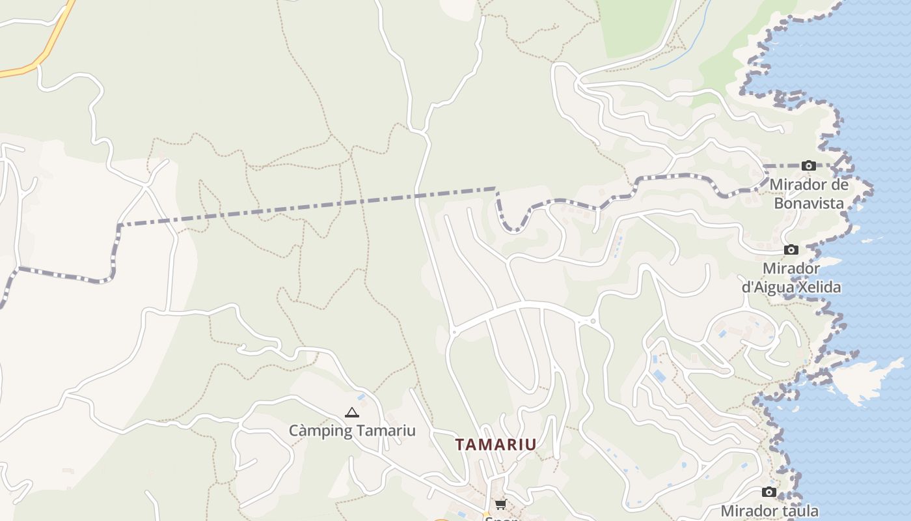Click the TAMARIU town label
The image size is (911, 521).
495,445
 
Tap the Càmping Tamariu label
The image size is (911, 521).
352,430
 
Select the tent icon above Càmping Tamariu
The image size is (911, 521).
351,412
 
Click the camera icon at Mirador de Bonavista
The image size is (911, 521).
809,166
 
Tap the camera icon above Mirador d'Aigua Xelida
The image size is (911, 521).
791,249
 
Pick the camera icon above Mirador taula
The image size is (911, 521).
769,492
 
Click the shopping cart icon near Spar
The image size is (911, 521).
500,504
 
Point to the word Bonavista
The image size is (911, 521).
809,203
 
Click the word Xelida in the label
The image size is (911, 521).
819,287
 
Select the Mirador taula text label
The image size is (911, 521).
769,511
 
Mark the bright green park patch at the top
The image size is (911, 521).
634,26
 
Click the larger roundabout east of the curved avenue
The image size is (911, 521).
592,321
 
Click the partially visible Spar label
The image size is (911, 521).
500,517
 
